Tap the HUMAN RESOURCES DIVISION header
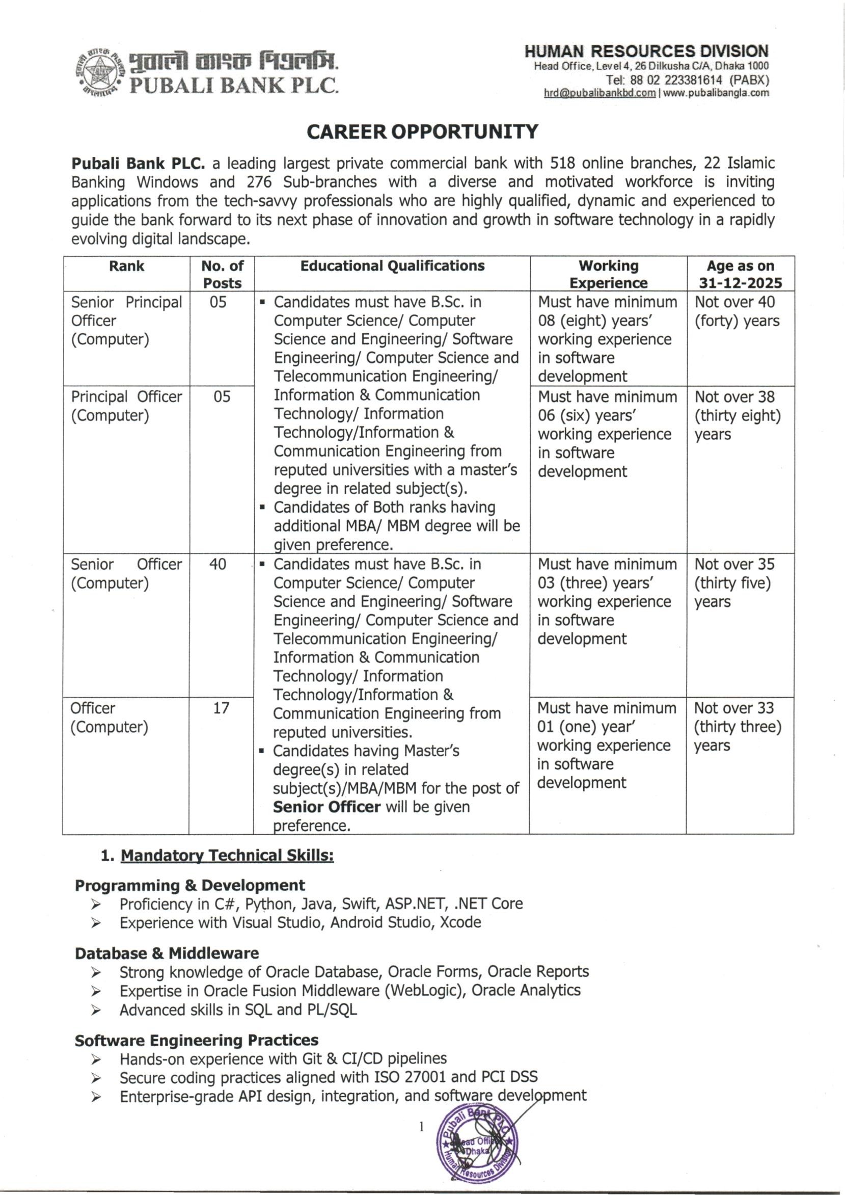coord(646,51)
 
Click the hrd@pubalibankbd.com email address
coord(599,93)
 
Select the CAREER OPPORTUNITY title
coord(422,132)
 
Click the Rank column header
coord(126,267)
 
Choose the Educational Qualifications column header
coord(392,267)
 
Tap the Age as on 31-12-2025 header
coord(740,274)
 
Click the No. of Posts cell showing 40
coord(218,564)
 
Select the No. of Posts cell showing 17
coord(221,708)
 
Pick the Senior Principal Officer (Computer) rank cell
coord(126,321)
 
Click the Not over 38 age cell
coord(738,415)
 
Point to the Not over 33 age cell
coord(738,727)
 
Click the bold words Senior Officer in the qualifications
coord(327,807)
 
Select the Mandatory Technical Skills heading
coord(227,856)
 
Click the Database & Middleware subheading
coord(167,953)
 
